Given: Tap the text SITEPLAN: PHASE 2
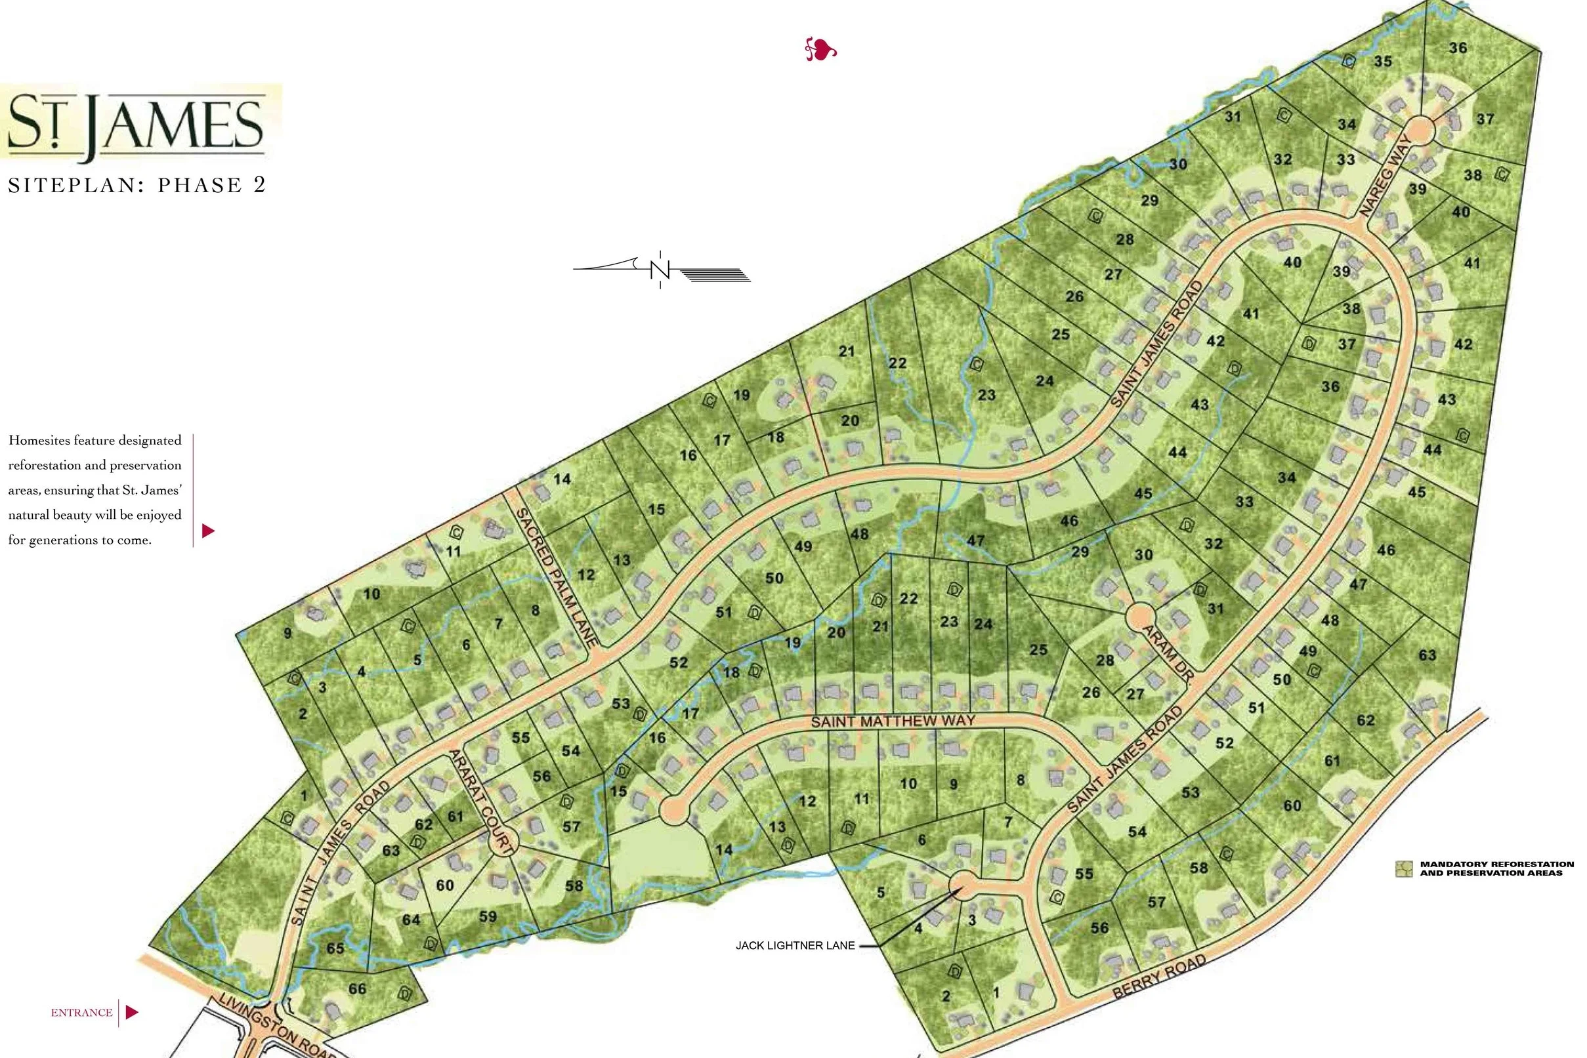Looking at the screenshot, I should [x=137, y=185].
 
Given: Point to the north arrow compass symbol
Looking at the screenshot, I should [x=660, y=269].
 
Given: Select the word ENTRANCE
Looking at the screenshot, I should [x=81, y=1012].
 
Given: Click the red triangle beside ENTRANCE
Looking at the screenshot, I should [x=132, y=1012].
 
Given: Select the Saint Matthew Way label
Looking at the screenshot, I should [x=893, y=722].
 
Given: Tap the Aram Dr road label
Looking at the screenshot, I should [x=1168, y=652].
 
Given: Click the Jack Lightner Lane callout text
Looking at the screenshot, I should [x=795, y=945].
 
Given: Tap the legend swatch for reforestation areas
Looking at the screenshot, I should [x=1404, y=868].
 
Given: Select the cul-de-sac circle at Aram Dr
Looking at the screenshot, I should [x=1140, y=617].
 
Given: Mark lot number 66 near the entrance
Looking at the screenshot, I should [x=357, y=988].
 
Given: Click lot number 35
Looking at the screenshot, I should [x=1382, y=61].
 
